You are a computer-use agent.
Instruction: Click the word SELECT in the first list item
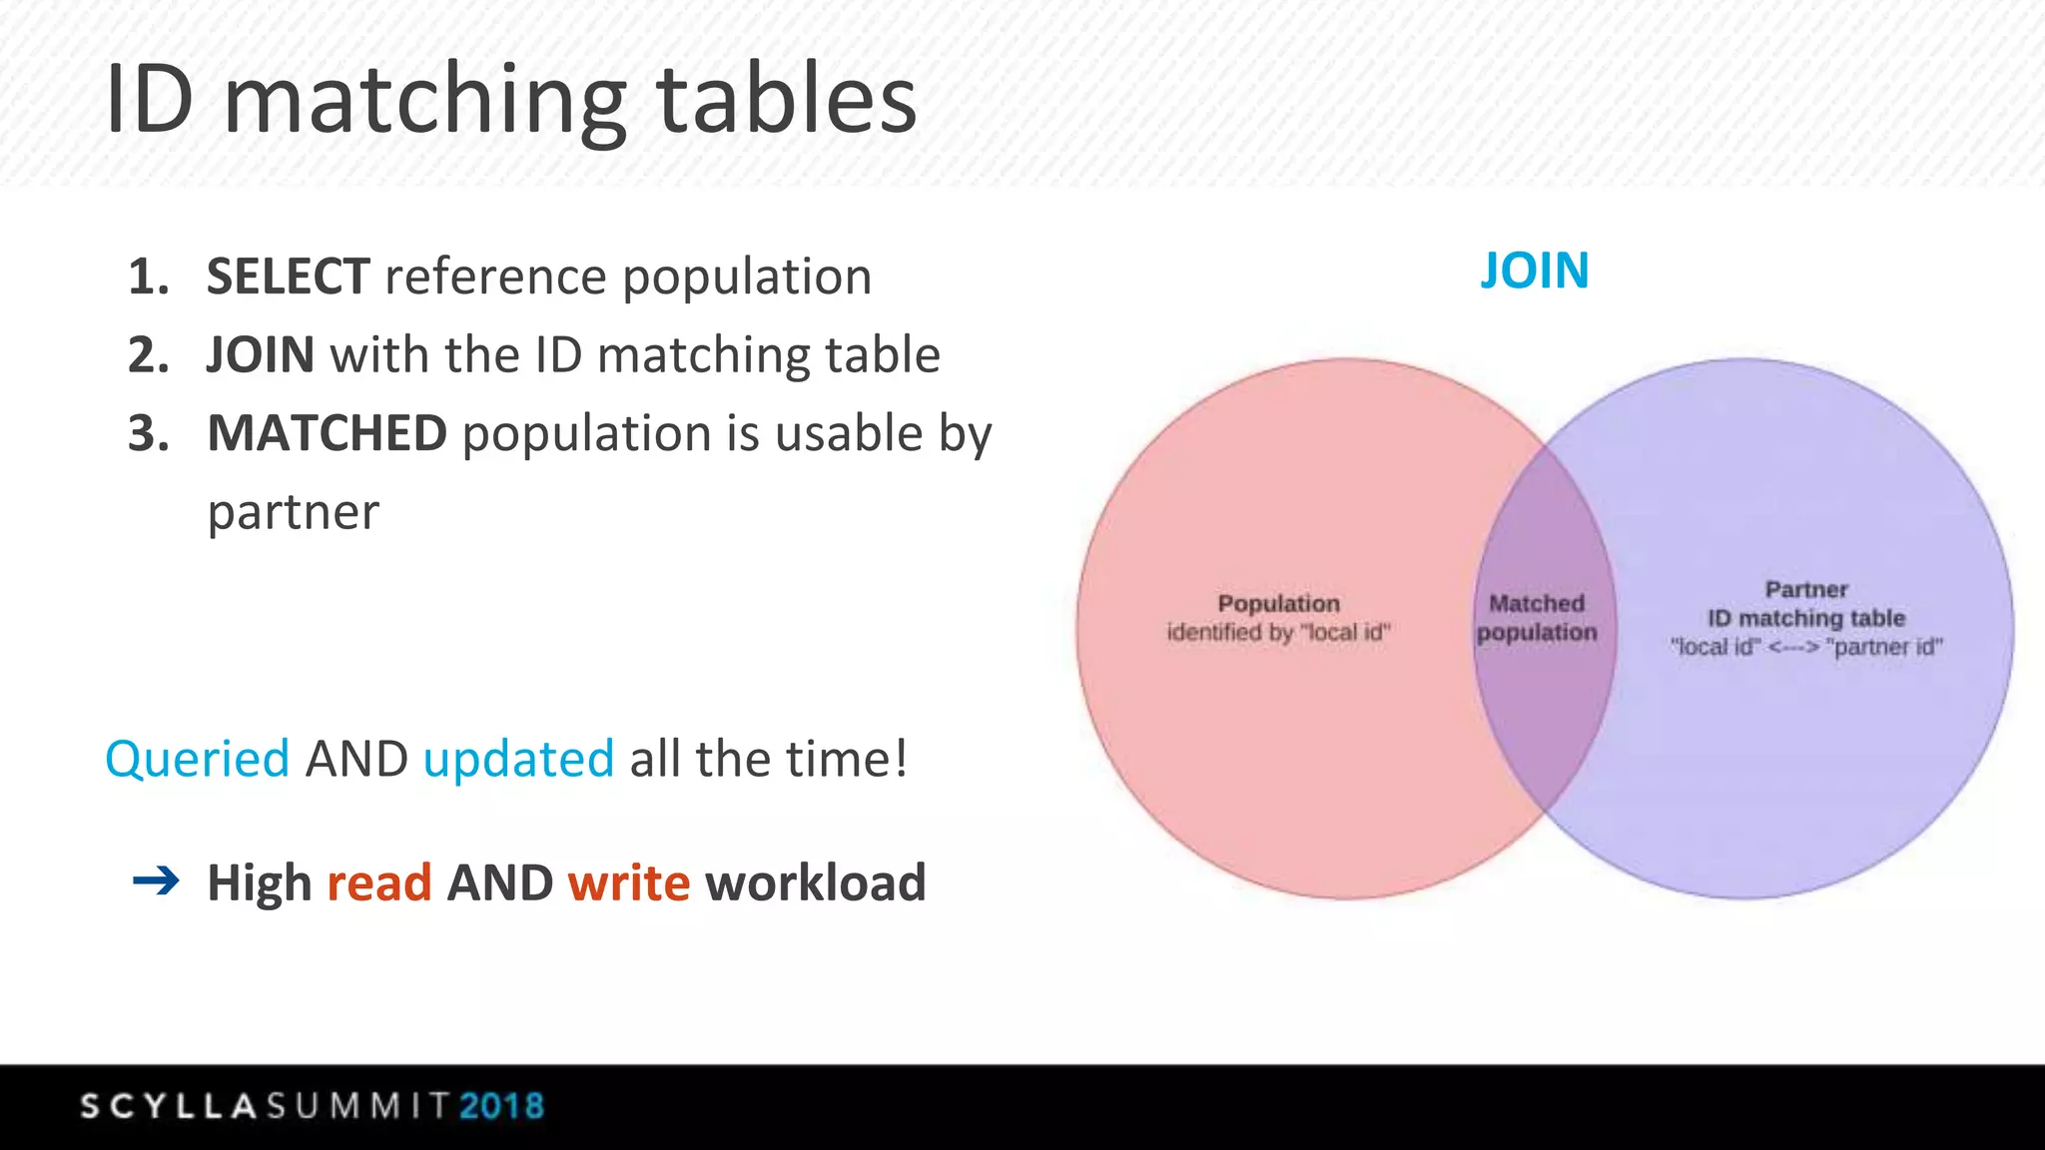click(288, 277)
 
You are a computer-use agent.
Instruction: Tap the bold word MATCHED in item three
click(327, 433)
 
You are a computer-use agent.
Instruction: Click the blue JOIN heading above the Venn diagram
click(1534, 271)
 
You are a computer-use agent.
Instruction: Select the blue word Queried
click(197, 759)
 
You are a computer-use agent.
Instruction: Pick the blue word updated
click(518, 759)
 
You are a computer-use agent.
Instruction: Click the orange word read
click(379, 882)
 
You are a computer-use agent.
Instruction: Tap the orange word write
click(629, 882)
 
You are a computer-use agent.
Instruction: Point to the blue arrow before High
click(156, 880)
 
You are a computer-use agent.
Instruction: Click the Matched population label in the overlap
click(1537, 618)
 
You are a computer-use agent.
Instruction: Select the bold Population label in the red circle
click(1278, 604)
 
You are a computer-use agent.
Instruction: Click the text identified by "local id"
click(1278, 632)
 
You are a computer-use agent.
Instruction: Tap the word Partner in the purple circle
click(1806, 590)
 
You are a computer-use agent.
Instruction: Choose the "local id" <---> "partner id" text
click(1806, 647)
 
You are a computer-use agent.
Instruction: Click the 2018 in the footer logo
click(502, 1106)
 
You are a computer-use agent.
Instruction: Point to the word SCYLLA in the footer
click(170, 1106)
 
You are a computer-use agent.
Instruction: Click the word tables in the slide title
click(786, 99)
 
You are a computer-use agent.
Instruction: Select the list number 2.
click(148, 355)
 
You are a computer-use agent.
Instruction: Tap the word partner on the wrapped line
click(294, 512)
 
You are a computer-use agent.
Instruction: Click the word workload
click(816, 882)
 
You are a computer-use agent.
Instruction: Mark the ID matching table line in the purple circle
click(1806, 618)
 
